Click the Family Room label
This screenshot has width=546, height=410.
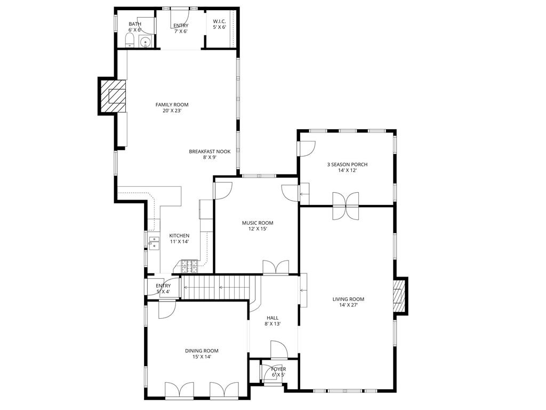pos(172,108)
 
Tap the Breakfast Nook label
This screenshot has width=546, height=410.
pos(210,154)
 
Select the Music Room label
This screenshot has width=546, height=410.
pos(258,226)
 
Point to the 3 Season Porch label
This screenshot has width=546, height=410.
pos(347,168)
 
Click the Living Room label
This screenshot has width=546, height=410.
pos(348,302)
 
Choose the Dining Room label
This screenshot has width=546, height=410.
pos(202,353)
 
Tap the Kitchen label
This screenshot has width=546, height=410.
pos(179,239)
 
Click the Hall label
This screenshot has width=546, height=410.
pos(272,320)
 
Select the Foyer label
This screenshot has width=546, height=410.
pos(278,372)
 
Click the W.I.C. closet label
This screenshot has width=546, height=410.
pos(220,24)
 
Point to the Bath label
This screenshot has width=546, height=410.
pos(134,27)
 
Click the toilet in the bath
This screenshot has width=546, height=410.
pos(130,41)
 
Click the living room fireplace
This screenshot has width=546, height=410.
pos(398,295)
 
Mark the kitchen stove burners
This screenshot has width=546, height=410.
pos(189,265)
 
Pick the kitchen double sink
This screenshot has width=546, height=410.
pos(154,242)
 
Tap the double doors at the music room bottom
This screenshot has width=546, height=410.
pos(276,268)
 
